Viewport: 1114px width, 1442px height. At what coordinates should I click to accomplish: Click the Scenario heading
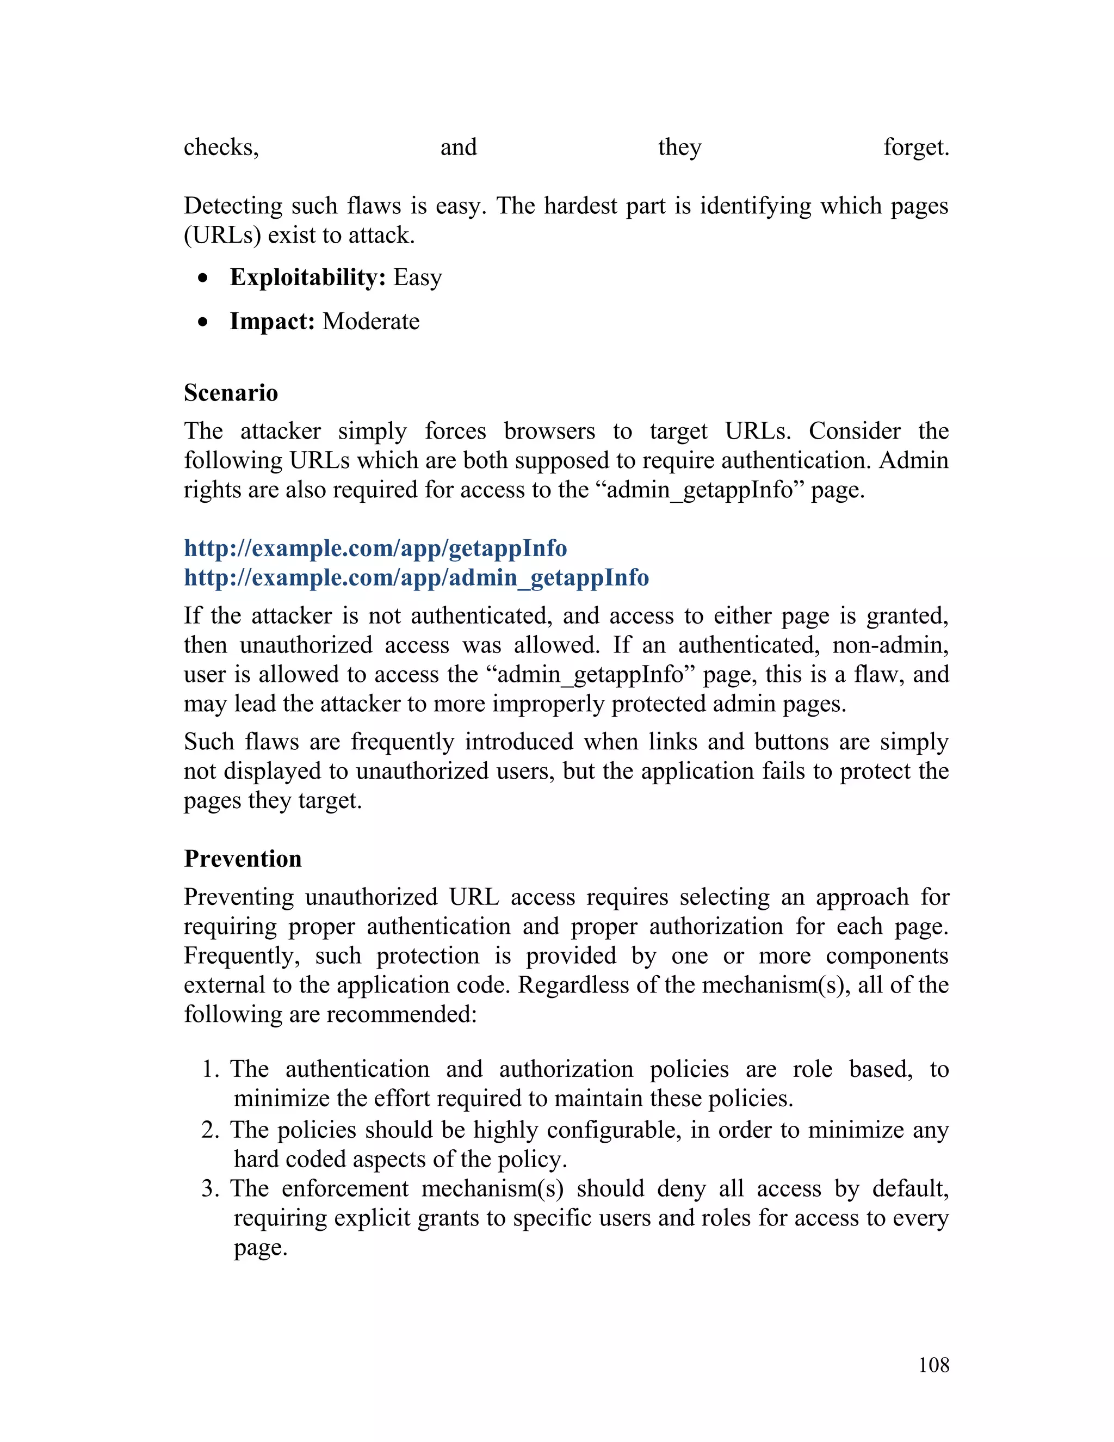click(231, 393)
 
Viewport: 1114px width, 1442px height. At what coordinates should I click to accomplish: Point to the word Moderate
click(371, 322)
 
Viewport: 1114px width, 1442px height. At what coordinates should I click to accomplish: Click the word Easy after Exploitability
click(417, 278)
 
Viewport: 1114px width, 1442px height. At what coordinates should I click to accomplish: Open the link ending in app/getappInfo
click(375, 548)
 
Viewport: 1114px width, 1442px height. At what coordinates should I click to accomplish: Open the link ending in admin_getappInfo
click(416, 578)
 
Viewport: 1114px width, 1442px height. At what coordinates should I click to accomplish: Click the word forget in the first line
click(915, 147)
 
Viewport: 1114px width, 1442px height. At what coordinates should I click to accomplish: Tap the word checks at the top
click(220, 147)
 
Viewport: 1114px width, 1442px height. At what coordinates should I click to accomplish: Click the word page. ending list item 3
click(260, 1248)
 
